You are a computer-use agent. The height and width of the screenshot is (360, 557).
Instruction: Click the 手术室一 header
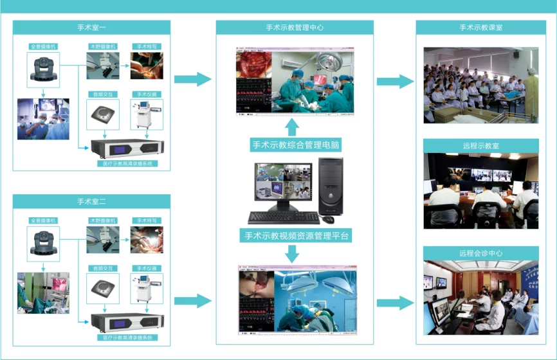point(91,28)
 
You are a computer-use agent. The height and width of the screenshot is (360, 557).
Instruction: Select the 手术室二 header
point(91,201)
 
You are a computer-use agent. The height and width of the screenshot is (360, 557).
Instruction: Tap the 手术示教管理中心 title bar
point(295,28)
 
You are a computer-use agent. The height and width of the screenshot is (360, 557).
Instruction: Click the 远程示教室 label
point(480,146)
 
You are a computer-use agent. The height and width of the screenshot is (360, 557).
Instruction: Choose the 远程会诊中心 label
point(480,253)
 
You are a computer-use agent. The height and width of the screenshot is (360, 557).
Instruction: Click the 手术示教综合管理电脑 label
point(295,145)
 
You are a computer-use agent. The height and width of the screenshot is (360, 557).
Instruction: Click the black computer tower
point(331,186)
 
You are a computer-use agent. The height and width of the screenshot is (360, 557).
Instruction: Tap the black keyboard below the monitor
point(284,217)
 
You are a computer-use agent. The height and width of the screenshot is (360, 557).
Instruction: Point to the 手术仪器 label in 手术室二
point(147,268)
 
